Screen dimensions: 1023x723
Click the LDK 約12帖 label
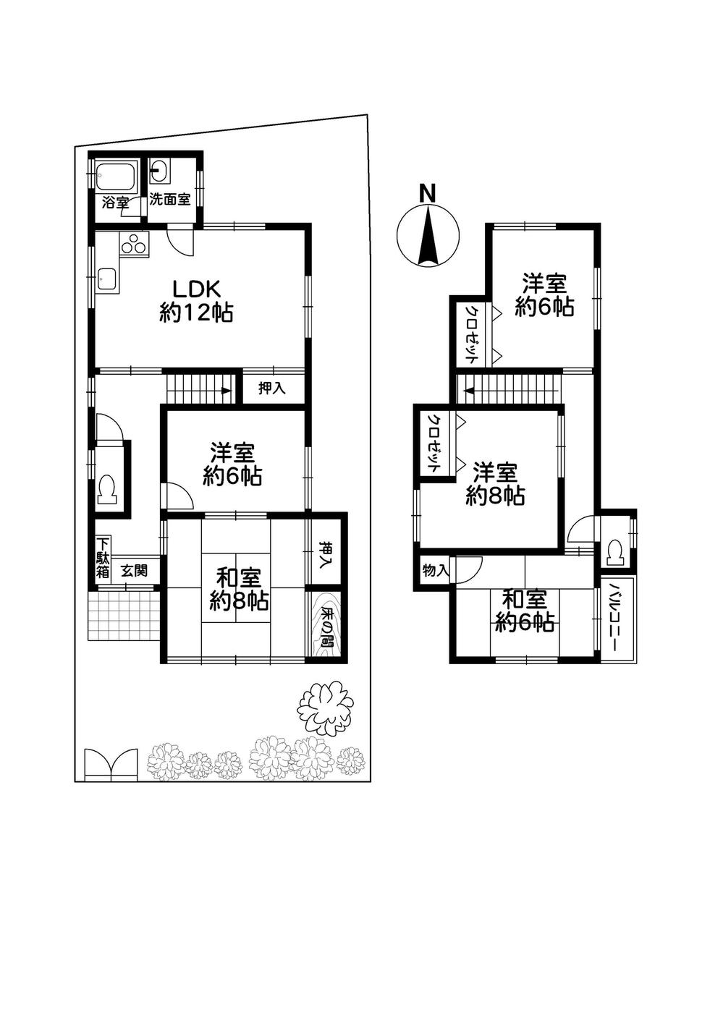pos(196,300)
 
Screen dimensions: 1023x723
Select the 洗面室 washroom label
pos(170,200)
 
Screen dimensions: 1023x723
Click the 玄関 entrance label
pos(135,570)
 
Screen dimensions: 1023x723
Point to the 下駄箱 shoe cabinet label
pos(103,558)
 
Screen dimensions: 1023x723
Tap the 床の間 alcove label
pos(326,624)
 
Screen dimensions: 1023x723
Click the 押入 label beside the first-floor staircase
pos(272,389)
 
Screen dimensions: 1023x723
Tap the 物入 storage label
pos(436,570)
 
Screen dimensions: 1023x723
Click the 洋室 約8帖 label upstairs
pos(495,484)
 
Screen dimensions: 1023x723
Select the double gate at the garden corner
pos(110,765)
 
